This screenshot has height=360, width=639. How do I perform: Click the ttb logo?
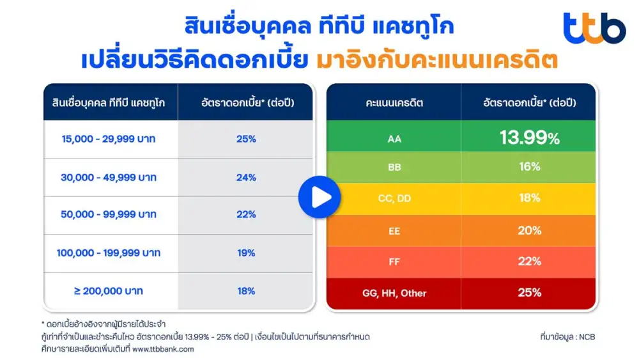click(594, 28)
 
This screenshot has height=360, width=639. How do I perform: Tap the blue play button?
click(319, 196)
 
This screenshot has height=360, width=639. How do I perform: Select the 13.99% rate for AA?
click(530, 137)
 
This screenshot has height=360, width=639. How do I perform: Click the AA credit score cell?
click(394, 137)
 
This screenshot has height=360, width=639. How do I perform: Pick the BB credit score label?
click(394, 168)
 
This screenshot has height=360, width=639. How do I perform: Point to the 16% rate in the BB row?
click(530, 167)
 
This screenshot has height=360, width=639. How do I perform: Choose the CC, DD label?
click(394, 199)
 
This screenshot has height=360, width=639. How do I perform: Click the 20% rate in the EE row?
click(530, 230)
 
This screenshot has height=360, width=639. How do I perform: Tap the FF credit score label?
click(394, 262)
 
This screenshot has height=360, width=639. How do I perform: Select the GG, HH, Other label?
click(394, 293)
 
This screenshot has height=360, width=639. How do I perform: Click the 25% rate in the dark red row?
click(530, 293)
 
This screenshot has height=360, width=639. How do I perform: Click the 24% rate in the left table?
click(246, 177)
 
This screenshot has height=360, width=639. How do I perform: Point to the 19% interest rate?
click(246, 253)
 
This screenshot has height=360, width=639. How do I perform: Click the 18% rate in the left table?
click(246, 291)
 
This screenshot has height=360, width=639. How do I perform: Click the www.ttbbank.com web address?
click(163, 349)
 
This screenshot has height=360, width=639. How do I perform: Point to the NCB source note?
click(567, 337)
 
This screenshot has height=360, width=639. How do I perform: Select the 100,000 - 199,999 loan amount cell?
click(109, 253)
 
